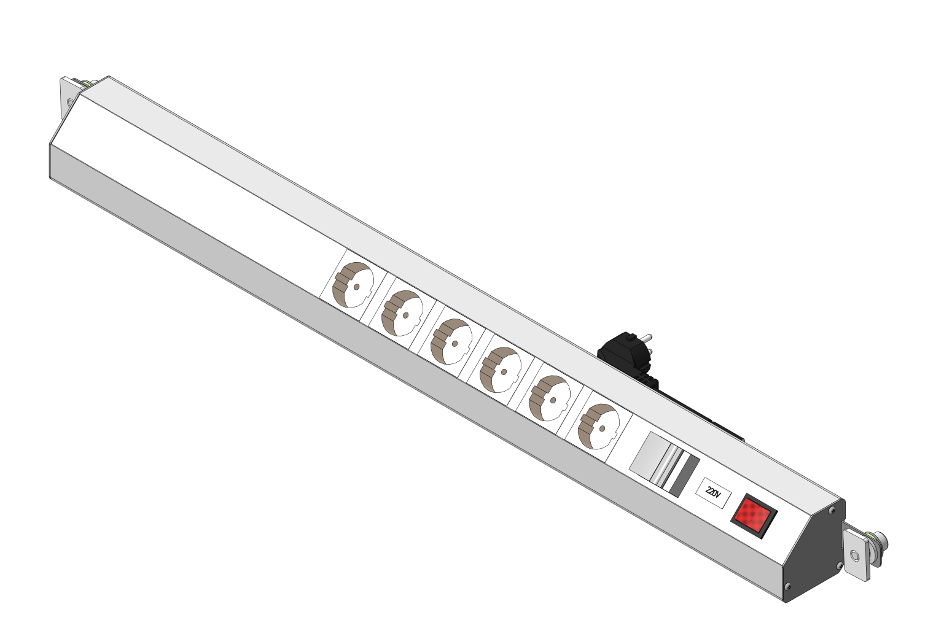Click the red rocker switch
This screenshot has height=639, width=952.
point(754,516)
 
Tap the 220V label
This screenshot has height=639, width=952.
point(714,494)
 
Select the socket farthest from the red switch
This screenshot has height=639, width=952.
point(353,285)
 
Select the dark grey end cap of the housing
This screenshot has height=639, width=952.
point(813,553)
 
